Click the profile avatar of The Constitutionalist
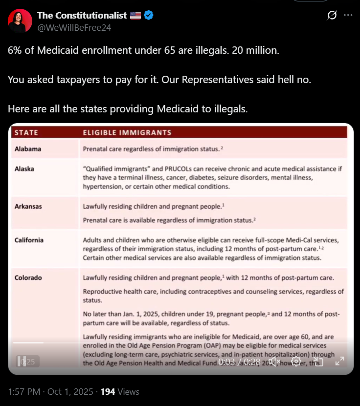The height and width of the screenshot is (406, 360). click(x=20, y=21)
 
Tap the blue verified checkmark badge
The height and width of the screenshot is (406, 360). click(x=149, y=16)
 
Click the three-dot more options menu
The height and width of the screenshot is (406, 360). click(x=348, y=16)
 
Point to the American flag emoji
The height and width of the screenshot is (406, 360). click(x=135, y=16)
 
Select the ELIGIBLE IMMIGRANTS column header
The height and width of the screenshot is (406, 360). click(x=127, y=132)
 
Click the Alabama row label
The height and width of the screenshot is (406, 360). click(x=28, y=149)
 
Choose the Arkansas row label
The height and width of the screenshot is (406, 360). click(x=28, y=206)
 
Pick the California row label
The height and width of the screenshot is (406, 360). click(x=29, y=240)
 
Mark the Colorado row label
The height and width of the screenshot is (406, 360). click(x=28, y=278)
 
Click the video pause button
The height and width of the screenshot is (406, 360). click(x=21, y=362)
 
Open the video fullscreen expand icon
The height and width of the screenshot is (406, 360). click(x=339, y=362)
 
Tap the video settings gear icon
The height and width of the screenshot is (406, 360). click(x=296, y=362)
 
